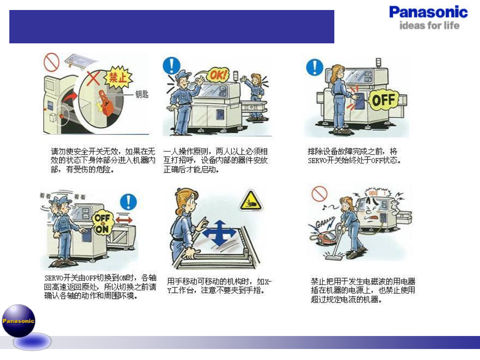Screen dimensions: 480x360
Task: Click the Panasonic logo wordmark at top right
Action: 428,13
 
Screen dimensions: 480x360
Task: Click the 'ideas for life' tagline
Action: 429,26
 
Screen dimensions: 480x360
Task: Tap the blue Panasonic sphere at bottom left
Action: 19,321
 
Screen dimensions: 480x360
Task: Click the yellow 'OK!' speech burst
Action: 218,75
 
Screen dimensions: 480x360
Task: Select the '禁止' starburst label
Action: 118,78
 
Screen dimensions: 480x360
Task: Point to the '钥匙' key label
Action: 142,94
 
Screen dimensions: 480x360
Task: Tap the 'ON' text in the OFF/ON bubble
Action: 102,229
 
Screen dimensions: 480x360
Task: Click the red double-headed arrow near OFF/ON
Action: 124,220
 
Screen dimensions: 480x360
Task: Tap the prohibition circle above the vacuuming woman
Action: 319,194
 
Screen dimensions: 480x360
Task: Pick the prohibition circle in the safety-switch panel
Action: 52,62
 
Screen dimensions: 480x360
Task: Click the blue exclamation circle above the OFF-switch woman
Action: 314,67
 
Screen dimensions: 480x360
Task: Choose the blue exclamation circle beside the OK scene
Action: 171,66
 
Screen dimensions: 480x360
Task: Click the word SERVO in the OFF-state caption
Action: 317,161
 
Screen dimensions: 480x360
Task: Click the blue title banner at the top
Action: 172,27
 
